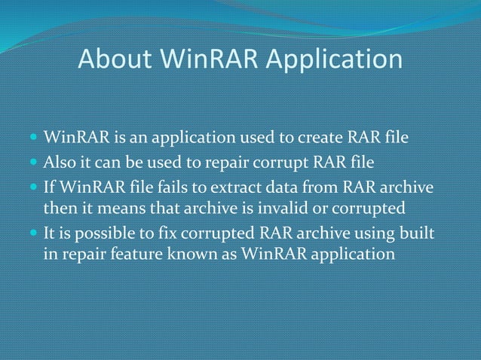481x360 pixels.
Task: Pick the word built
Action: tap(421, 232)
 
